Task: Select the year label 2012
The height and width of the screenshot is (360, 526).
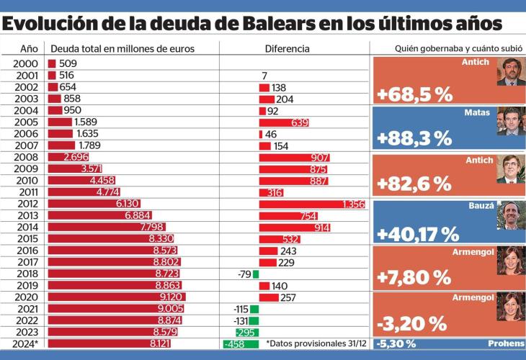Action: (x=26, y=204)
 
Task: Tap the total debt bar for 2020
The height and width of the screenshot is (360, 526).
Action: (x=116, y=297)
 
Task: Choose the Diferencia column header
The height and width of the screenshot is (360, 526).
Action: (x=287, y=49)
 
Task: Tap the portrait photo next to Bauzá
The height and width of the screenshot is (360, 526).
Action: (x=511, y=214)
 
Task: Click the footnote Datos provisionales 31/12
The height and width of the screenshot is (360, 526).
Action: (x=317, y=343)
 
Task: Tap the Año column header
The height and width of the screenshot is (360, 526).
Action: (x=29, y=49)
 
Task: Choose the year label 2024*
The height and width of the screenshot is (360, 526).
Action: (x=26, y=343)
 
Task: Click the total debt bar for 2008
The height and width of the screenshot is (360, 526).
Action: (x=68, y=158)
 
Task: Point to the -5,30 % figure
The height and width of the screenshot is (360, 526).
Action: (x=398, y=343)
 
